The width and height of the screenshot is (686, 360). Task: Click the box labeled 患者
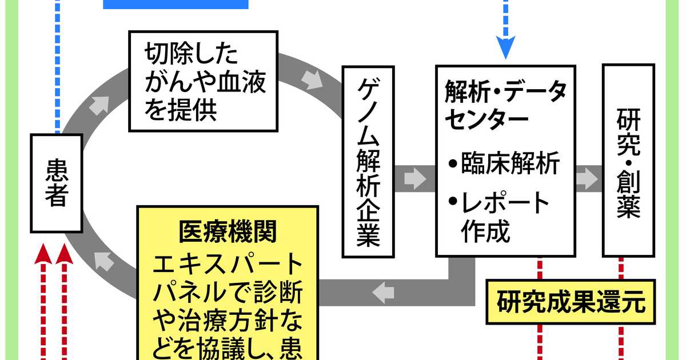(x=56, y=183)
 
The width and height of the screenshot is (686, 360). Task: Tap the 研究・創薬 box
(x=629, y=162)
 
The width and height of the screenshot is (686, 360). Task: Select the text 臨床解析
(x=511, y=165)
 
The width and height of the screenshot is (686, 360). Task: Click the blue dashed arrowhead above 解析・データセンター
(x=505, y=48)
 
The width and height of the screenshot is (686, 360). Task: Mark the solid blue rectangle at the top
(x=176, y=4)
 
